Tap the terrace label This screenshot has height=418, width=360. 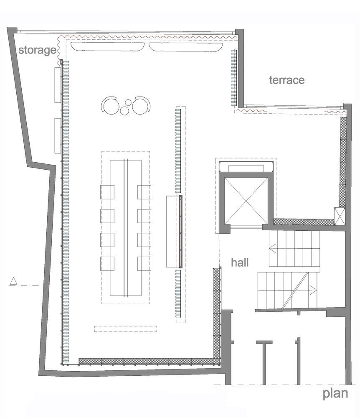coord(287,80)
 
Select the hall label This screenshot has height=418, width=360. coord(240,263)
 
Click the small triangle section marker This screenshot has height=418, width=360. coord(13,281)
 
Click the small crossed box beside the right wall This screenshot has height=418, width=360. coord(340,216)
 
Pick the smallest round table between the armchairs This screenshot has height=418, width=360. coord(128,102)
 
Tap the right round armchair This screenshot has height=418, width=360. coord(141,106)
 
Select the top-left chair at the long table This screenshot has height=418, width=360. coord(107,192)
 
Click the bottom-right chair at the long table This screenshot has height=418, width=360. coord(144,264)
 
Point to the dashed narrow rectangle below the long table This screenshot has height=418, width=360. coord(126,329)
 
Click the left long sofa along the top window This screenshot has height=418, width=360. coord(108,46)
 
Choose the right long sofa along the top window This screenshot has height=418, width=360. coord(185,46)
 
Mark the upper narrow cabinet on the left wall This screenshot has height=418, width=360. coord(58,85)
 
